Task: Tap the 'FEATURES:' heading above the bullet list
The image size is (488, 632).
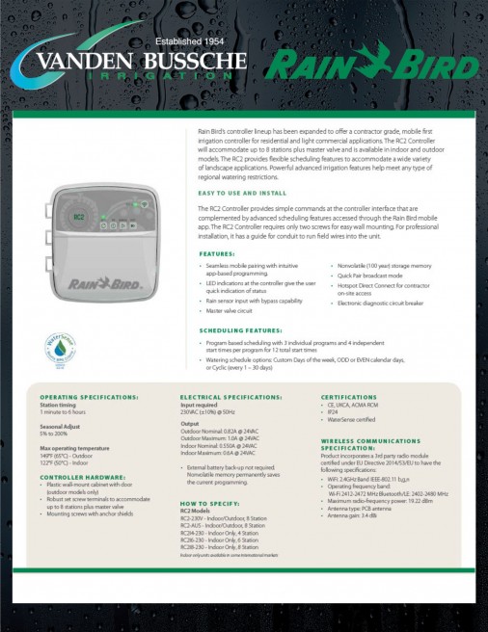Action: click(x=216, y=254)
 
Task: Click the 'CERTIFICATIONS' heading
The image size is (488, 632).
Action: click(x=348, y=397)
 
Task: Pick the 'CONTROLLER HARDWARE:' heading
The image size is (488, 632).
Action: click(x=81, y=476)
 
